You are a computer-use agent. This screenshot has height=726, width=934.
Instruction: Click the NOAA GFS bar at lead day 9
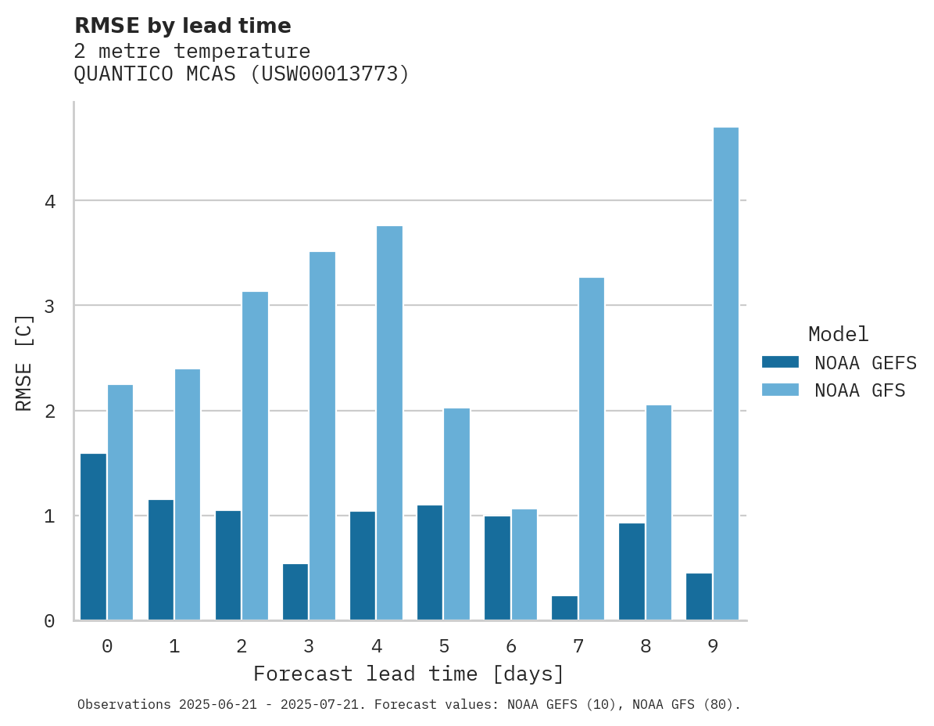[726, 374]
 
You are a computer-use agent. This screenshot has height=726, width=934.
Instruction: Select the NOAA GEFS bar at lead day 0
[93, 537]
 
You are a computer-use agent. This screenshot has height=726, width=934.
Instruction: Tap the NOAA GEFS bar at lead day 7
[564, 608]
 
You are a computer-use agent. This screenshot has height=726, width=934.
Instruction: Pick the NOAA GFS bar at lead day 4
[389, 423]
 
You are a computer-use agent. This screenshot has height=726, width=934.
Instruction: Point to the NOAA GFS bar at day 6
[524, 565]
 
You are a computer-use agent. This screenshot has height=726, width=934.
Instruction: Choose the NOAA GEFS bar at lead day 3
[295, 592]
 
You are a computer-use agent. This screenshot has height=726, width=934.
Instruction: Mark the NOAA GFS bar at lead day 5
[456, 514]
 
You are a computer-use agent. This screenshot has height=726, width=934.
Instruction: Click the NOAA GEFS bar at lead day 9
[699, 597]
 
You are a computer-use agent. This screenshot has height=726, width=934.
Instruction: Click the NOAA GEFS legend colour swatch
[780, 362]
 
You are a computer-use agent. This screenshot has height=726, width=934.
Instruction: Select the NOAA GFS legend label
[860, 390]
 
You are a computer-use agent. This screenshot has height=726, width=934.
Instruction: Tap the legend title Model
[838, 335]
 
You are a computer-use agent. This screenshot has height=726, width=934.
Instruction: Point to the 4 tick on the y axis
[50, 202]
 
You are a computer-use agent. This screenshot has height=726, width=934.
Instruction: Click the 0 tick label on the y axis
[50, 621]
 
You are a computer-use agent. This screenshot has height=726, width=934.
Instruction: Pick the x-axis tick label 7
[578, 647]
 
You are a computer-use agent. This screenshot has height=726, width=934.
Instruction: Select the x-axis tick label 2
[242, 647]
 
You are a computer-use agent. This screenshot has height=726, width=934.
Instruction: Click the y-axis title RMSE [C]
[24, 362]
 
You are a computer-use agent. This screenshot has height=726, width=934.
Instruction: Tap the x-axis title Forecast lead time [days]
[408, 674]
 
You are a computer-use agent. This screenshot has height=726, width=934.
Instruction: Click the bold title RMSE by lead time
[182, 26]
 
